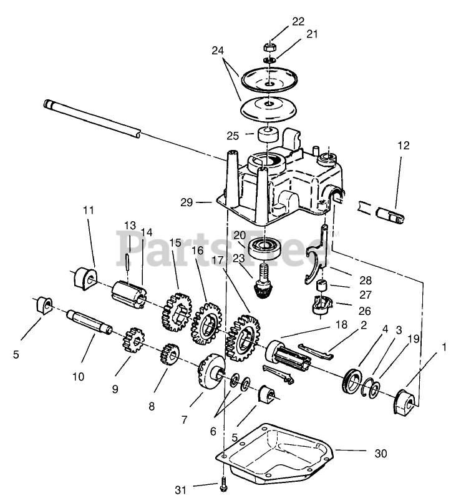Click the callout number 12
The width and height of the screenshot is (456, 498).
tap(404, 146)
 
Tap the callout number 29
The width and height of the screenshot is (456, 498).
tap(185, 202)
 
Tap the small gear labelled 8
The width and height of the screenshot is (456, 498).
tap(167, 360)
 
